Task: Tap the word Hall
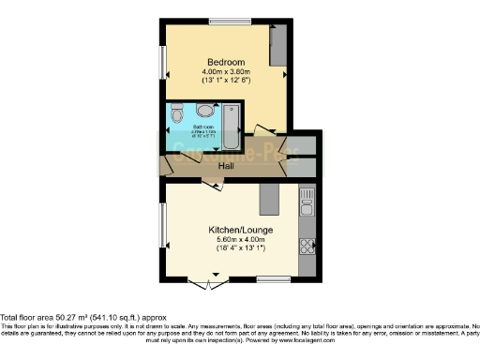pos(226,167)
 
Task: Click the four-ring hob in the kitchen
pos(307,247)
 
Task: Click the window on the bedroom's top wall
pos(228,21)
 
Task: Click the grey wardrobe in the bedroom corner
pos(278,44)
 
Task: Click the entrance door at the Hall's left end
pos(163,167)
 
